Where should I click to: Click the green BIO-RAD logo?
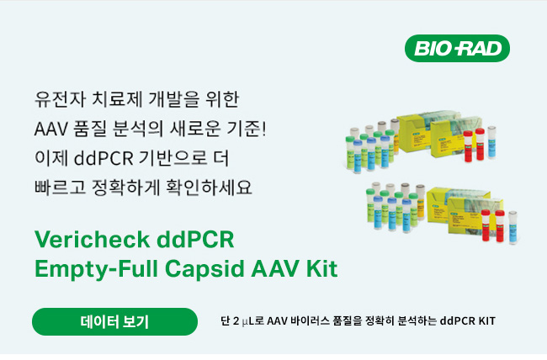pyautogui.click(x=457, y=48)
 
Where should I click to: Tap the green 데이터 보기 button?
pyautogui.click(x=114, y=321)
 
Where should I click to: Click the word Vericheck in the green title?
pyautogui.click(x=92, y=240)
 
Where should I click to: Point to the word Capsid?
pyautogui.click(x=204, y=270)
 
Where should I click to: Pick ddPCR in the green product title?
pyautogui.click(x=195, y=240)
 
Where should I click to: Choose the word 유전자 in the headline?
pyautogui.click(x=60, y=99)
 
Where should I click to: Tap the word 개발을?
pyautogui.click(x=174, y=99)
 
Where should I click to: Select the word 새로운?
pyautogui.click(x=195, y=129)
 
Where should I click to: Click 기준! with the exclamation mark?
pyautogui.click(x=247, y=129)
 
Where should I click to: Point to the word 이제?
pyautogui.click(x=51, y=158)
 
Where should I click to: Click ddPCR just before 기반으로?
pyautogui.click(x=104, y=159)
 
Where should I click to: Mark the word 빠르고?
pyautogui.click(x=60, y=188)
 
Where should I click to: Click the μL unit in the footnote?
pyautogui.click(x=248, y=321)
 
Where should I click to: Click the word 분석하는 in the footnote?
pyautogui.click(x=417, y=320)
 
